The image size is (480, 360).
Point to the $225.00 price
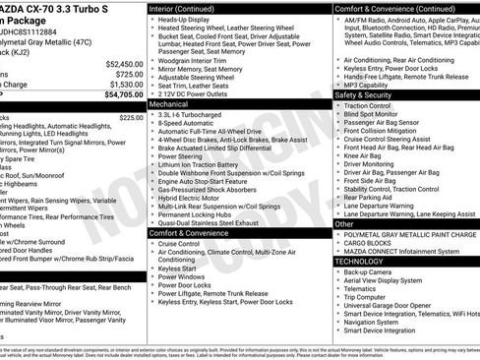click(131, 117)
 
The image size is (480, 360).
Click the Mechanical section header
click(168, 103)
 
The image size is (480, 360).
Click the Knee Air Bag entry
click(363, 154)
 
